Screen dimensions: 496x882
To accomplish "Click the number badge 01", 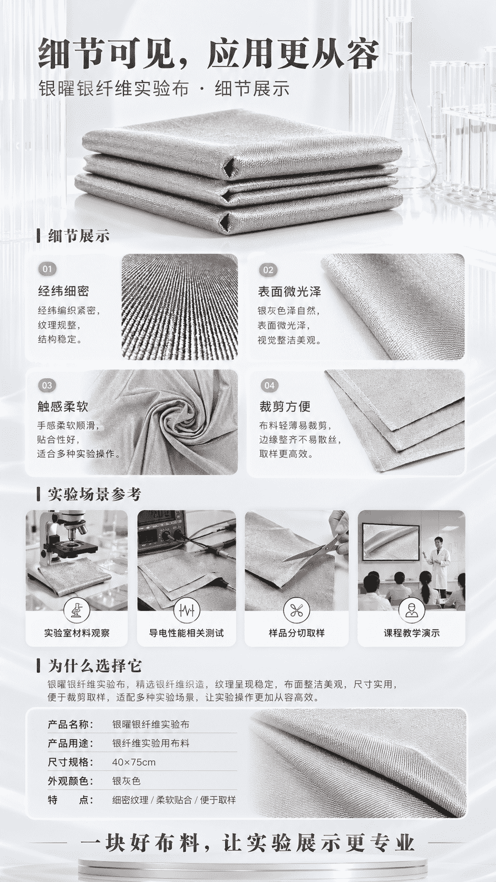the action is tap(47, 270).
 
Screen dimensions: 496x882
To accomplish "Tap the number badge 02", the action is tap(268, 270).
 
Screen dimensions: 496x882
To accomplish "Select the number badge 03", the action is tap(47, 385).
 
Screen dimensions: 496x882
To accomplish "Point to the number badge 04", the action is tap(269, 385).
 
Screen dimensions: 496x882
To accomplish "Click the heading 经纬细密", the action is tap(63, 291).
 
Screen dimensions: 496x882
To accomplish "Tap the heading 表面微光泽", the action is tap(289, 291).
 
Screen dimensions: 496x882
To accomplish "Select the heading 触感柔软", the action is tap(63, 406).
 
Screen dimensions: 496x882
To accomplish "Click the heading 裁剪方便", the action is tap(285, 406).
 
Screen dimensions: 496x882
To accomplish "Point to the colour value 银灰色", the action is tap(127, 781).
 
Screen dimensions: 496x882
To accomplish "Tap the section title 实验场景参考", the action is tap(94, 494).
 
